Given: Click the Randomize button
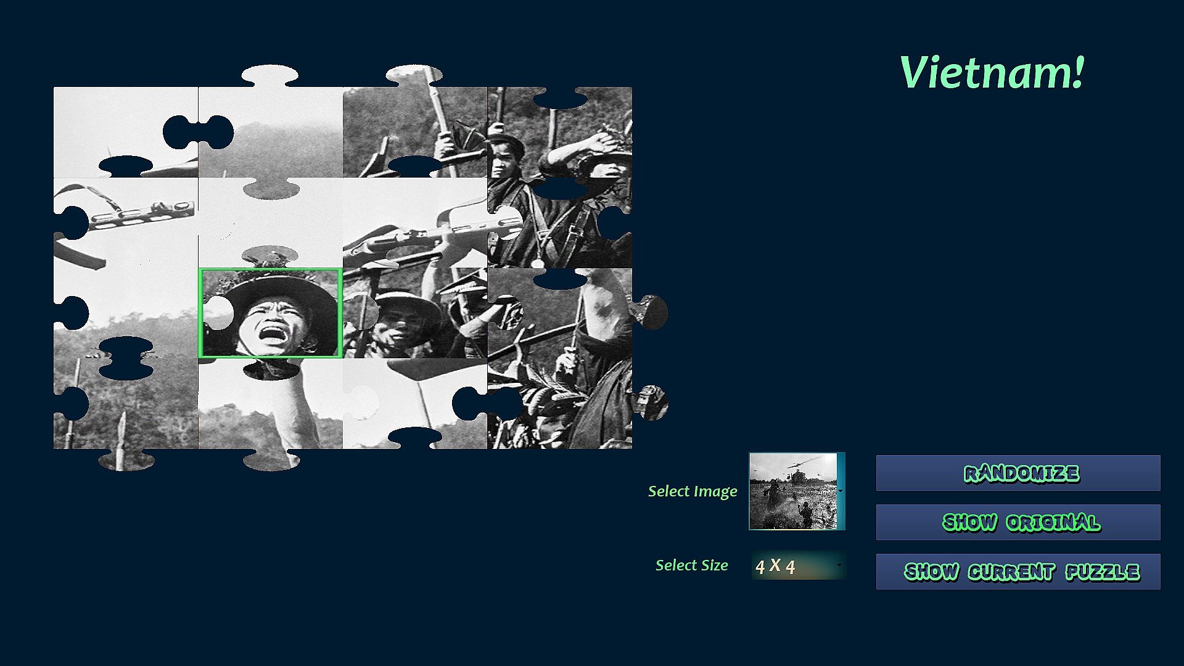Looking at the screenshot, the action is click(x=1018, y=473).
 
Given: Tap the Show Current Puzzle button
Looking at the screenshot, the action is click(x=1018, y=572).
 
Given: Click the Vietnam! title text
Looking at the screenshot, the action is click(x=992, y=72).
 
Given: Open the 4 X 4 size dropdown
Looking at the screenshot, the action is click(x=799, y=565).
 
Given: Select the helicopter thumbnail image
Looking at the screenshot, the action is click(x=794, y=491).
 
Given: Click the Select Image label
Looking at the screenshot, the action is click(x=693, y=491).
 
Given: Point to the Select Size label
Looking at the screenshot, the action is click(x=691, y=565).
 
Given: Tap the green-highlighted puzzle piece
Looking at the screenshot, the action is click(x=271, y=313).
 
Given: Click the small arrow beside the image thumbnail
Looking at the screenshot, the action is click(x=841, y=491).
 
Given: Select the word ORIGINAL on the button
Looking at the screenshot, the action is click(x=1053, y=523).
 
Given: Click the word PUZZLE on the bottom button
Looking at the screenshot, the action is click(x=1103, y=572).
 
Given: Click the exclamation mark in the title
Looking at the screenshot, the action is click(x=1077, y=72).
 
